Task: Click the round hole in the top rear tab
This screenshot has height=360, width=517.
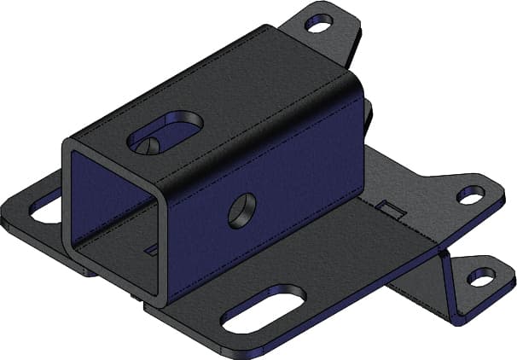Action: [319, 25]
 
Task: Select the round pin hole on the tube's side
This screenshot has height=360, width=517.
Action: [242, 208]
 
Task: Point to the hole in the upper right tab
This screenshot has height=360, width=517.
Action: [470, 195]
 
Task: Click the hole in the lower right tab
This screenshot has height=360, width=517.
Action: [482, 278]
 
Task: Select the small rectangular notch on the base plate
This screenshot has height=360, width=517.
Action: [389, 209]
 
